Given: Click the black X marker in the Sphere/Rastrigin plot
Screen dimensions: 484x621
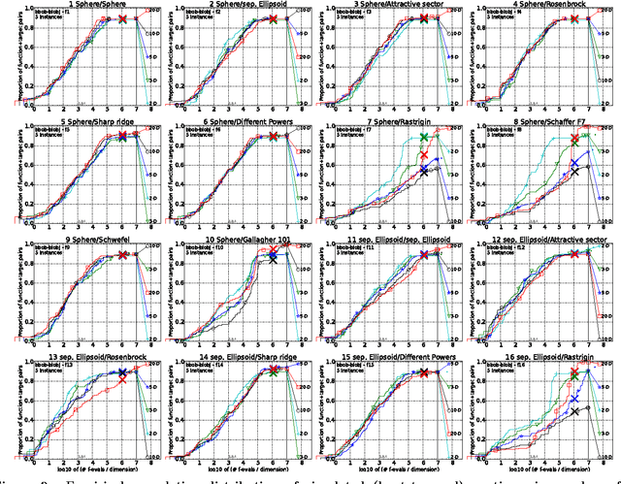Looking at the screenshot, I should pyautogui.click(x=423, y=172).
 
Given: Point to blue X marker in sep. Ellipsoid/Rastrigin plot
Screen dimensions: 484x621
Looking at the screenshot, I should pyautogui.click(x=574, y=399).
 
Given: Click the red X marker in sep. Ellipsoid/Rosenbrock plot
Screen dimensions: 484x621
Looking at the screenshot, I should pyautogui.click(x=122, y=379).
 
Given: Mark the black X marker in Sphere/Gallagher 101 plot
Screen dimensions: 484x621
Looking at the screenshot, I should pyautogui.click(x=273, y=259).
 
